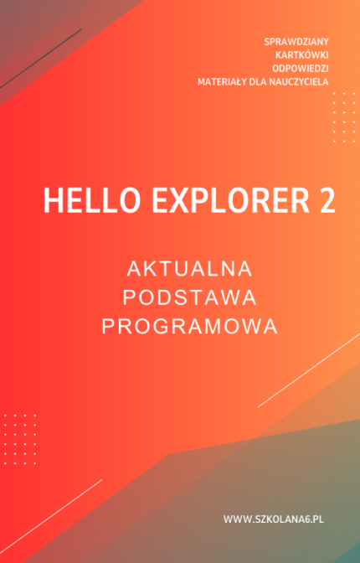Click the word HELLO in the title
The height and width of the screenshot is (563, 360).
coord(78,202)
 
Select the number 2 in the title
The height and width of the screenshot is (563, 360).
coord(324,202)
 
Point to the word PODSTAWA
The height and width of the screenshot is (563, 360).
coord(189,297)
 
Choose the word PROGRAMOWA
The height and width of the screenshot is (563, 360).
coord(189,326)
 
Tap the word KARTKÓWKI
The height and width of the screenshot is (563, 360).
coord(302,54)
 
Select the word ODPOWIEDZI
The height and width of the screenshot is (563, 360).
coord(301,68)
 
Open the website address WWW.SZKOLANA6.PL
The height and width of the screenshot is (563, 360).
coord(273,520)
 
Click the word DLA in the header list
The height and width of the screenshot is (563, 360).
coord(265,81)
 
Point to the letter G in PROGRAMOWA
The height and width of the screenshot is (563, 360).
coord(161,326)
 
